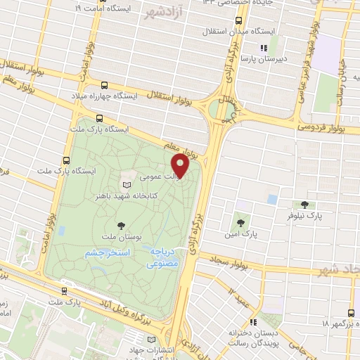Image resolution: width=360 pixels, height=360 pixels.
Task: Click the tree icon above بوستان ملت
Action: coord(121,225)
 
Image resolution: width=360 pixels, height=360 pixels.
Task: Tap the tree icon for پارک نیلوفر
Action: coord(304,205)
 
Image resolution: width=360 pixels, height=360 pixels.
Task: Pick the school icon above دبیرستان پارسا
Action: coord(264,48)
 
